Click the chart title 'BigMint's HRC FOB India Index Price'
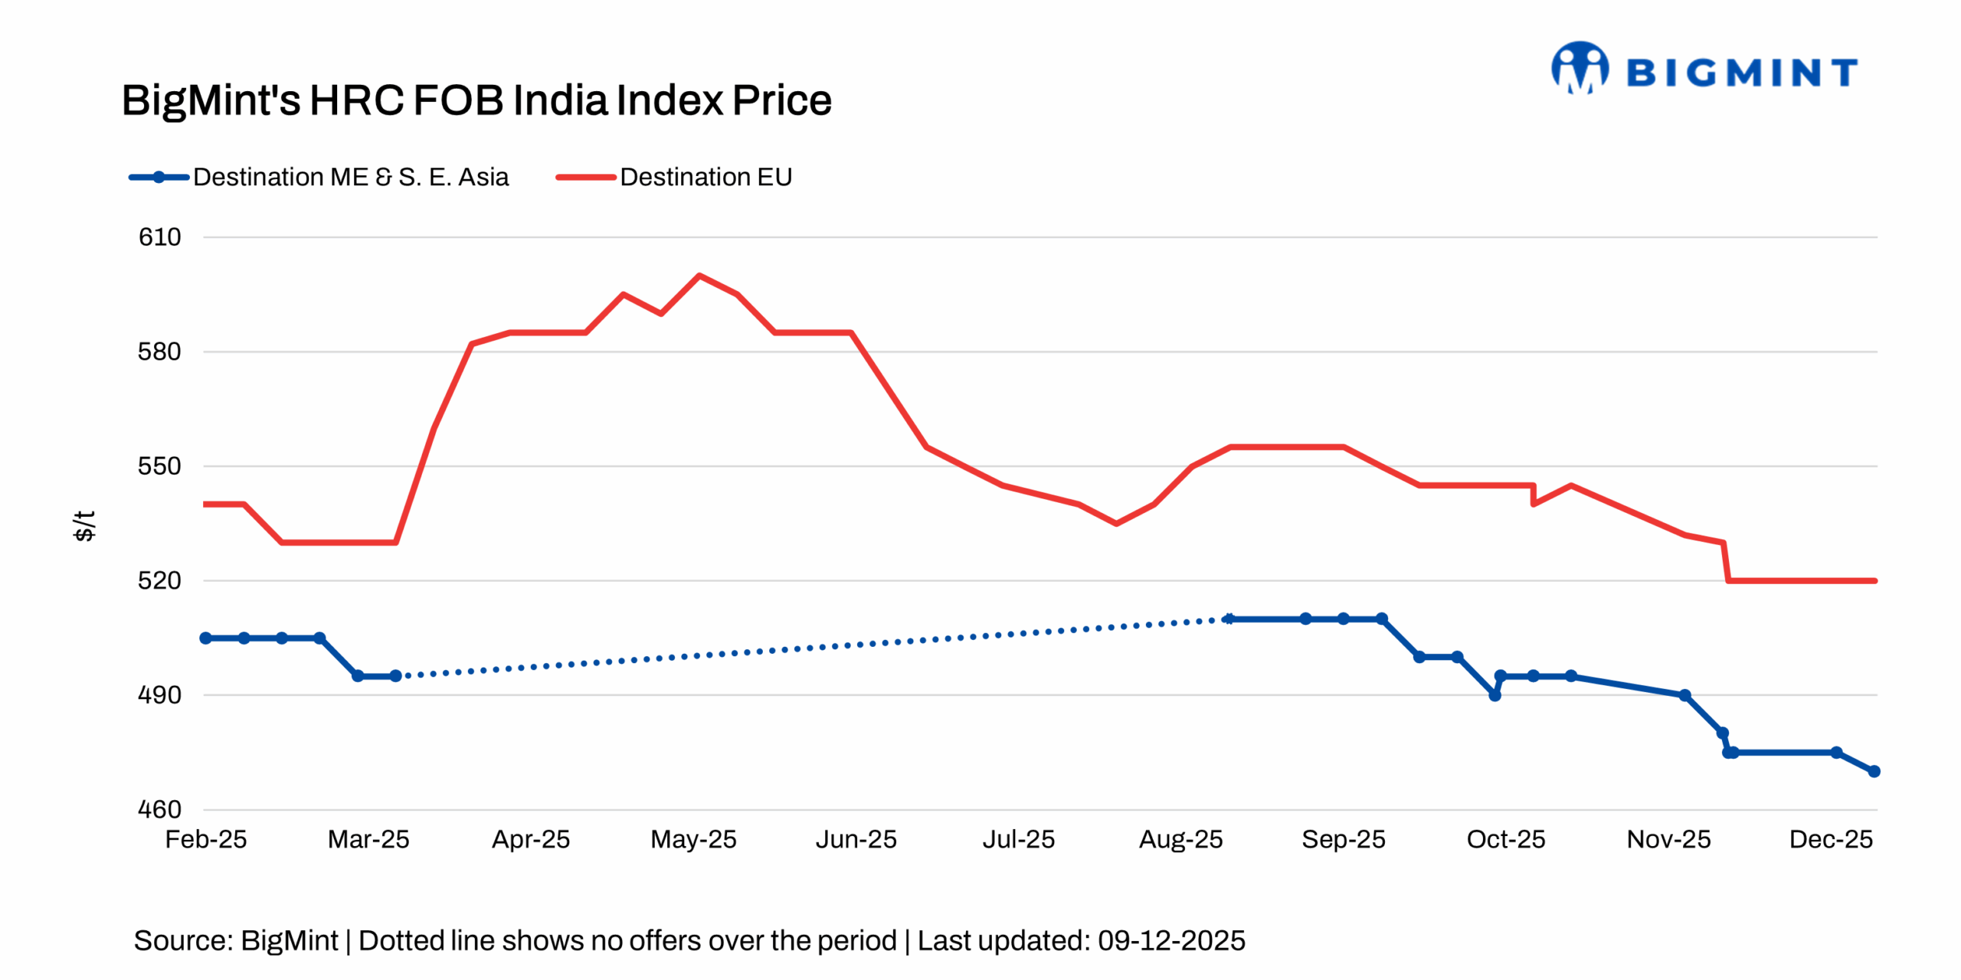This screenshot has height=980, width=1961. coord(476,100)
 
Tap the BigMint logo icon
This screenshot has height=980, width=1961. coord(1580,69)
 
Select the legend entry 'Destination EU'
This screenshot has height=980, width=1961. coord(705,177)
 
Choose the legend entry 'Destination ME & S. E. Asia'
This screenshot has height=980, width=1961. coord(350,177)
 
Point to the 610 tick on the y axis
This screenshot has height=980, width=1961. coord(159,237)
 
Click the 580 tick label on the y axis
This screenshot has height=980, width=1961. coord(159,352)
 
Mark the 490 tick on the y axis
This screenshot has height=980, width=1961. coord(159,695)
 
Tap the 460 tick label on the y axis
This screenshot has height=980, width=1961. coord(159,809)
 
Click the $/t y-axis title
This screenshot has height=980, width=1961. coord(84,526)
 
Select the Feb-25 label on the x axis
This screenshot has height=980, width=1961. coord(206,839)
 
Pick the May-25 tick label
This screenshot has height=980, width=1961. coord(693,839)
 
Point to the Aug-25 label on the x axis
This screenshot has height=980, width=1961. coord(1180,839)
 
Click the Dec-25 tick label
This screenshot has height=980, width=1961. coord(1831,839)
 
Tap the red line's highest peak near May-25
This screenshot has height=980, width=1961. coord(699,276)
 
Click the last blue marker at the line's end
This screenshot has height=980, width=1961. coord(1874,771)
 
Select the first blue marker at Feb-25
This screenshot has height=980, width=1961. coord(206,638)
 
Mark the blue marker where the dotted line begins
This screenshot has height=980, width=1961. coord(395,676)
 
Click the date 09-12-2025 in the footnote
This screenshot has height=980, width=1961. coord(1171,940)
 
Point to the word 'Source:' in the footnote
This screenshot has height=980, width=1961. coord(183,940)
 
